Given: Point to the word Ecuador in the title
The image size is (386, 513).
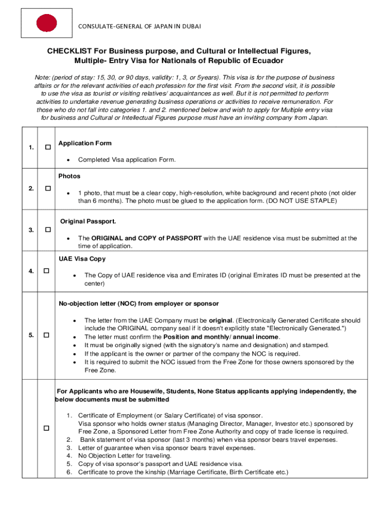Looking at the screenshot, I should coord(269,61).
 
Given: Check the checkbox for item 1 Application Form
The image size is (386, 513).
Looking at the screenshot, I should coord(48,147).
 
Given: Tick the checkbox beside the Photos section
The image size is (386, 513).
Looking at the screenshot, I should coord(48,188).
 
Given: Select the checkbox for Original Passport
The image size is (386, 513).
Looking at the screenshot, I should coord(48,230).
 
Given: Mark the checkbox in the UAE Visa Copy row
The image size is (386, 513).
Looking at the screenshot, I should coord(46,271).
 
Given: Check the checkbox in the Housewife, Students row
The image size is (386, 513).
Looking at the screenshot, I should coord(46,428).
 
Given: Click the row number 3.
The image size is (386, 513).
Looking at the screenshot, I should coord(31,230).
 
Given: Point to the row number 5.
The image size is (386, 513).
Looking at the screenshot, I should coord(31,335).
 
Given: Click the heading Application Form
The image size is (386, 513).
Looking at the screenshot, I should coord(85,143).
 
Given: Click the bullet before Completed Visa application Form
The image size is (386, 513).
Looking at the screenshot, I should coord(68,160).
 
